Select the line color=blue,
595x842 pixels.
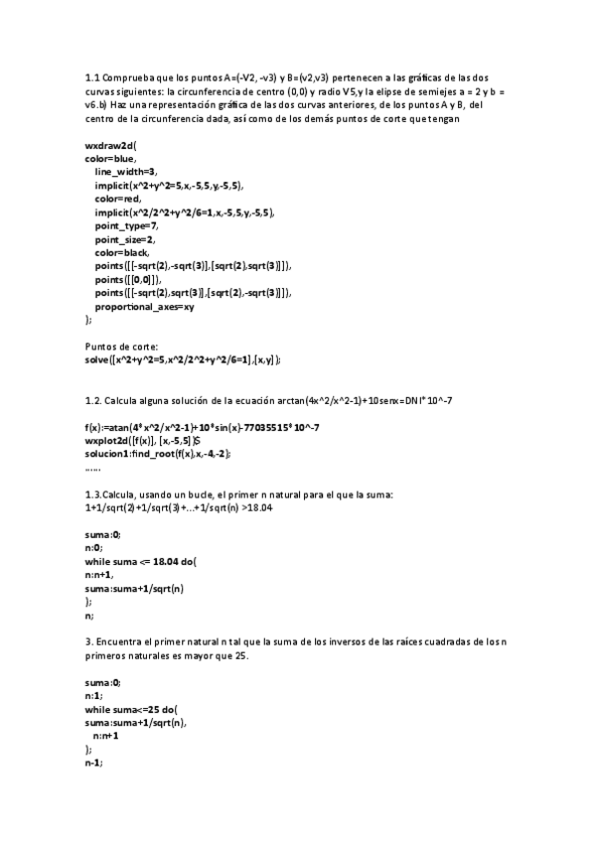pyautogui.click(x=111, y=158)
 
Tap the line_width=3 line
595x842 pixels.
pyautogui.click(x=126, y=172)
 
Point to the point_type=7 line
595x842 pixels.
pyautogui.click(x=126, y=225)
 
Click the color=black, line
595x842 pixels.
pyautogui.click(x=124, y=252)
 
